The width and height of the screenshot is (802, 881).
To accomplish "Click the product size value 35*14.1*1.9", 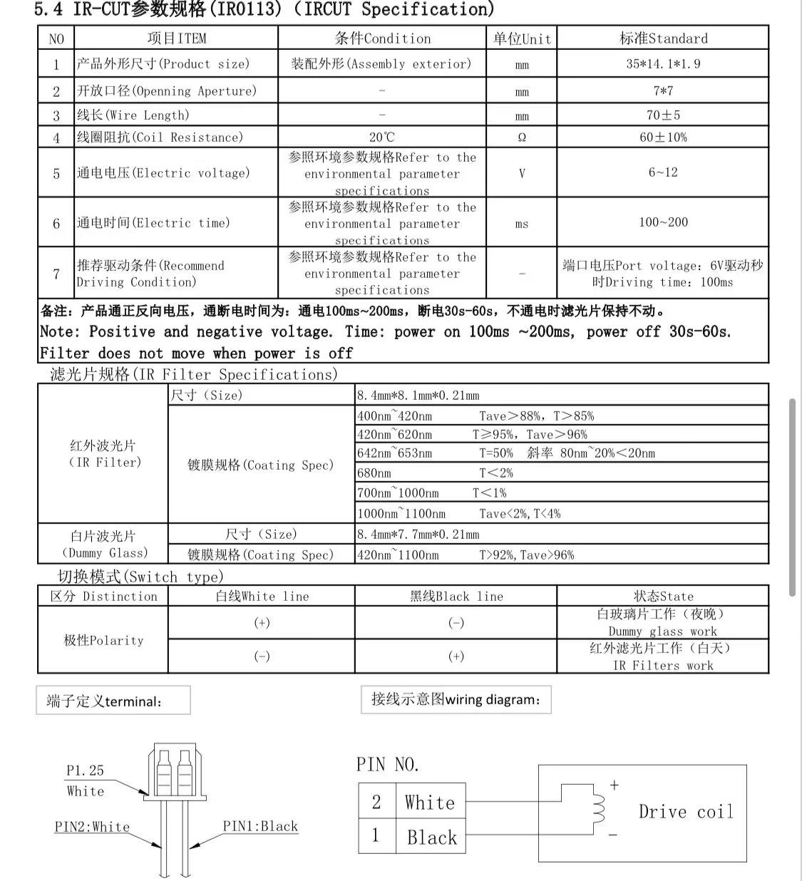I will coord(663,63).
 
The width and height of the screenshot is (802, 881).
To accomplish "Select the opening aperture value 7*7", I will coord(663,91).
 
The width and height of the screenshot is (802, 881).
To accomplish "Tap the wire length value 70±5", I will coord(663,115).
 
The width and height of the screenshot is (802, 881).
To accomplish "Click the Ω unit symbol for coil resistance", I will coord(522,138).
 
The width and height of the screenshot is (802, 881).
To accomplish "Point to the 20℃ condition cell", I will coord(382,137).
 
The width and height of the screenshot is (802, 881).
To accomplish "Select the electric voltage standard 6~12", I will coord(663,172).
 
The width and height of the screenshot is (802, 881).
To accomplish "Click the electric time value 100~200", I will coord(663,222).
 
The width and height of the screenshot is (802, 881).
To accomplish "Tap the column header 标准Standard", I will coord(663,38).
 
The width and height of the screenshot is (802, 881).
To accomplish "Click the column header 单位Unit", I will coord(522,38).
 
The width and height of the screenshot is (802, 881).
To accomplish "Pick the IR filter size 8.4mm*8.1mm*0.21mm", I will coord(418,395).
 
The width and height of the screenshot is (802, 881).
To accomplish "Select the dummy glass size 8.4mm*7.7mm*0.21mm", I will coord(418,534).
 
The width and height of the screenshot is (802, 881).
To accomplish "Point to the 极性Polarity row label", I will coord(103,640).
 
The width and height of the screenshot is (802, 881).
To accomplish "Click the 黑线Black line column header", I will coord(456,596).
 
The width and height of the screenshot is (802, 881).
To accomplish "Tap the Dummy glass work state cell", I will coord(662,622).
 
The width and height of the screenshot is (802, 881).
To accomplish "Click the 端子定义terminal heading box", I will coord(113,701).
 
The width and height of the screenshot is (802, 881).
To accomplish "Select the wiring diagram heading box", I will coord(456,699).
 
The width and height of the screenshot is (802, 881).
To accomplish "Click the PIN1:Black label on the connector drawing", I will coord(260,826).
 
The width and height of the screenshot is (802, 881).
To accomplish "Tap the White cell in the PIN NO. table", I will coord(430,803).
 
